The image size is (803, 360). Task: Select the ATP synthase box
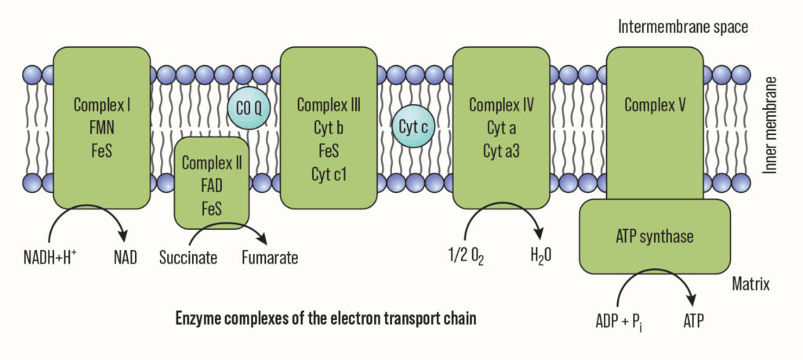[x=654, y=235]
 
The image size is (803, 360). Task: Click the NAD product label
[x=124, y=256]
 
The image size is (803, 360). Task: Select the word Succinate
[x=187, y=256]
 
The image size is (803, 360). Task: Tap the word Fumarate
[x=269, y=256]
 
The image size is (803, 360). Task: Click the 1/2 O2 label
[x=465, y=256]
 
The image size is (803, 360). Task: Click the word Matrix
[x=751, y=282]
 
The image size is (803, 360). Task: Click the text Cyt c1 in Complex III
[x=328, y=172]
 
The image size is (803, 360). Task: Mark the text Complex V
[x=655, y=105]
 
